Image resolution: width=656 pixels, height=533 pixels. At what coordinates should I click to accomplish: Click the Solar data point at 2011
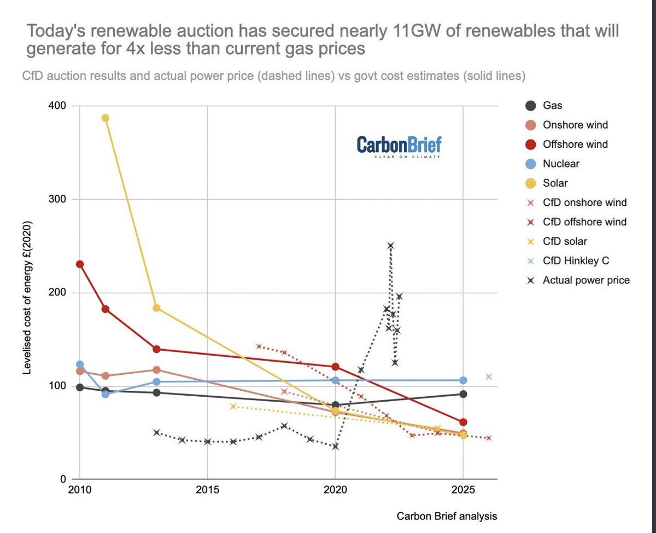click(106, 118)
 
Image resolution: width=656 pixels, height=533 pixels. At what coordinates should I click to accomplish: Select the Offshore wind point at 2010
click(80, 264)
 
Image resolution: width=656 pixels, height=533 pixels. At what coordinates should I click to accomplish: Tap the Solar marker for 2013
click(156, 308)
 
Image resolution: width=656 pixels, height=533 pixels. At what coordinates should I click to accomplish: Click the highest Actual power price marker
click(390, 246)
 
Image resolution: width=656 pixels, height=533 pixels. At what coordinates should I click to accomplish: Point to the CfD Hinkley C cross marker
click(489, 376)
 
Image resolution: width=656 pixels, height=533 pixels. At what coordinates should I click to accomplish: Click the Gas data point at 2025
click(463, 394)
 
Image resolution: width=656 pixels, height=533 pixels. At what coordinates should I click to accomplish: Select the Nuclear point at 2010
click(80, 364)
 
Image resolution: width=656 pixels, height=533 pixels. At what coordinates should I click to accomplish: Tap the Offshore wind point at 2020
click(335, 367)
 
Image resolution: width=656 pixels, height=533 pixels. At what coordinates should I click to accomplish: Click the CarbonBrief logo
click(399, 146)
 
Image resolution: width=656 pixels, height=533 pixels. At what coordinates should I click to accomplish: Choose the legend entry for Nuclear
click(561, 164)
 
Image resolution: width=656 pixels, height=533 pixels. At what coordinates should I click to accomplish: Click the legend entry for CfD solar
click(565, 241)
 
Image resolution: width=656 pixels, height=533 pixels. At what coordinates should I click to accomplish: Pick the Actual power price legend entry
click(586, 280)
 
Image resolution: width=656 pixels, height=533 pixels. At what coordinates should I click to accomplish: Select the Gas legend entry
click(552, 106)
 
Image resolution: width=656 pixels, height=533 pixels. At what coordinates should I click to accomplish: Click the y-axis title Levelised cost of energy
click(26, 298)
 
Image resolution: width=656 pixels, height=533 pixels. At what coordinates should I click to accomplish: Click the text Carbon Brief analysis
click(447, 515)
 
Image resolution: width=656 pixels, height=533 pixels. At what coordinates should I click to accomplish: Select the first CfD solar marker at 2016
click(233, 406)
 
